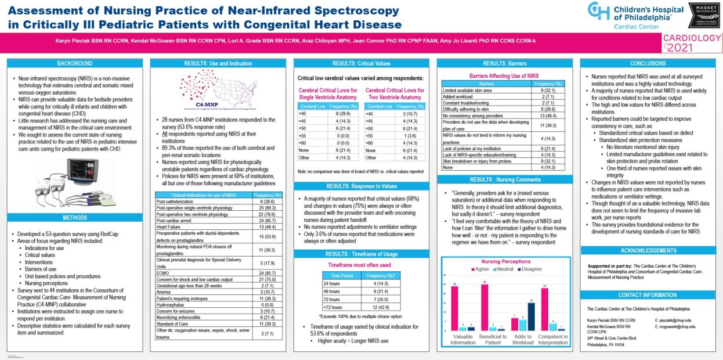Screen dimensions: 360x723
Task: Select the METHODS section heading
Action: (x=74, y=218)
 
